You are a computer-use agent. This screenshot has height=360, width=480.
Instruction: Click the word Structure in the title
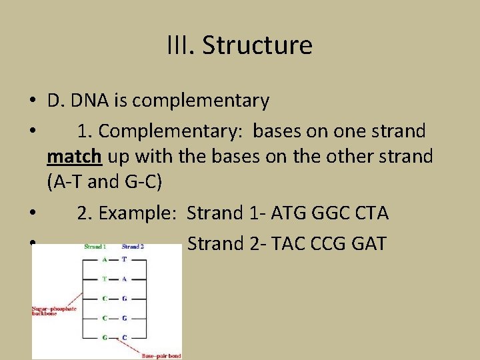(257, 45)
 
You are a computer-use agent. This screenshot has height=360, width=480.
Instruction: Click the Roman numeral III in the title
(181, 45)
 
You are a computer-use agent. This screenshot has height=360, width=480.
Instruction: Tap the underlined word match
(74, 157)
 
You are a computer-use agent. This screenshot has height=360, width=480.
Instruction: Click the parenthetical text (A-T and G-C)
(105, 181)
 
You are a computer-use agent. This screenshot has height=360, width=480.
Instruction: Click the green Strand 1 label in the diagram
(95, 247)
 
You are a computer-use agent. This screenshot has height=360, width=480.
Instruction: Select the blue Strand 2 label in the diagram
(133, 247)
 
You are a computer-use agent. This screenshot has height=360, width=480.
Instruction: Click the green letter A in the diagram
(105, 260)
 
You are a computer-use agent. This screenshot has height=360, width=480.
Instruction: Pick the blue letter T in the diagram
(124, 260)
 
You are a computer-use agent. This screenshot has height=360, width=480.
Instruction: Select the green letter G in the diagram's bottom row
(105, 337)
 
